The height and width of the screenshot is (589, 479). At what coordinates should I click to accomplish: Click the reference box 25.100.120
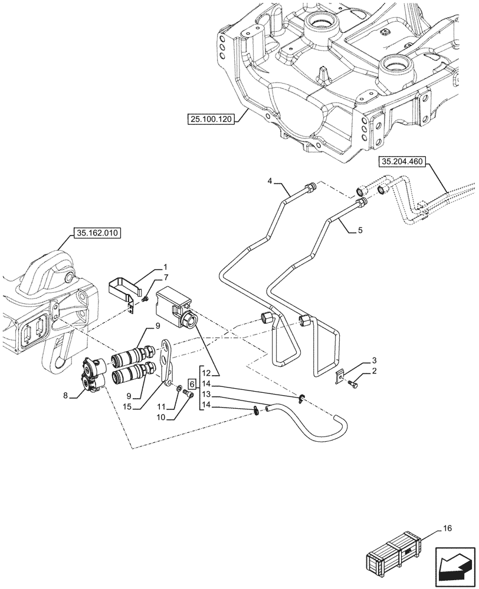coord(212,119)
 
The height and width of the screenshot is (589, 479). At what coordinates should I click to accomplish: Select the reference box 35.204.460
coord(403,160)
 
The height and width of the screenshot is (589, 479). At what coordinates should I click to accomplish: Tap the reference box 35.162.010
coord(97,233)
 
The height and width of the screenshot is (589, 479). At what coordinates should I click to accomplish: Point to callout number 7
coord(166,277)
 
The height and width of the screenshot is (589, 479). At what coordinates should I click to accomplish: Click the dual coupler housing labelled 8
coord(93,375)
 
